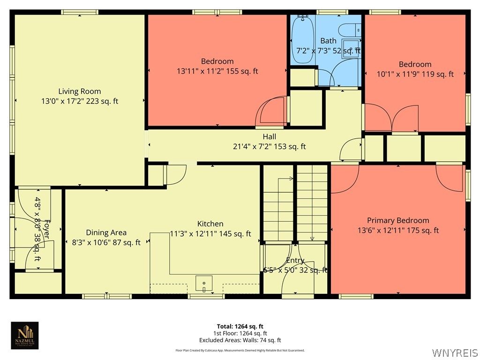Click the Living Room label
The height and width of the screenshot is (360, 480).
tap(79, 91)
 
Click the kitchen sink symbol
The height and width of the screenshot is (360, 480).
tap(204, 284)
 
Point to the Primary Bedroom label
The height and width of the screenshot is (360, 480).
tap(398, 220)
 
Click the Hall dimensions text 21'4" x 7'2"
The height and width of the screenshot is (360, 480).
tap(269, 147)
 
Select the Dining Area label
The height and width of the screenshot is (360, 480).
tap(106, 232)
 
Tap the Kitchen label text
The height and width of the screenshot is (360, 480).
tap(210, 224)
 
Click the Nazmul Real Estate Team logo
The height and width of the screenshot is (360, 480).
tap(25, 335)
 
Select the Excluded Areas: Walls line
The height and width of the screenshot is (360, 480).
tap(240, 340)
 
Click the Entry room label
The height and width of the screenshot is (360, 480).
tap(295, 261)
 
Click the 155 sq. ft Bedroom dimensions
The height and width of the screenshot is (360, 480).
tap(217, 71)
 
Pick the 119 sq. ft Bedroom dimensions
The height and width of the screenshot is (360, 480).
tap(415, 74)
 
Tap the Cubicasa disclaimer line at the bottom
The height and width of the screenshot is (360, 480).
tap(240, 350)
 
